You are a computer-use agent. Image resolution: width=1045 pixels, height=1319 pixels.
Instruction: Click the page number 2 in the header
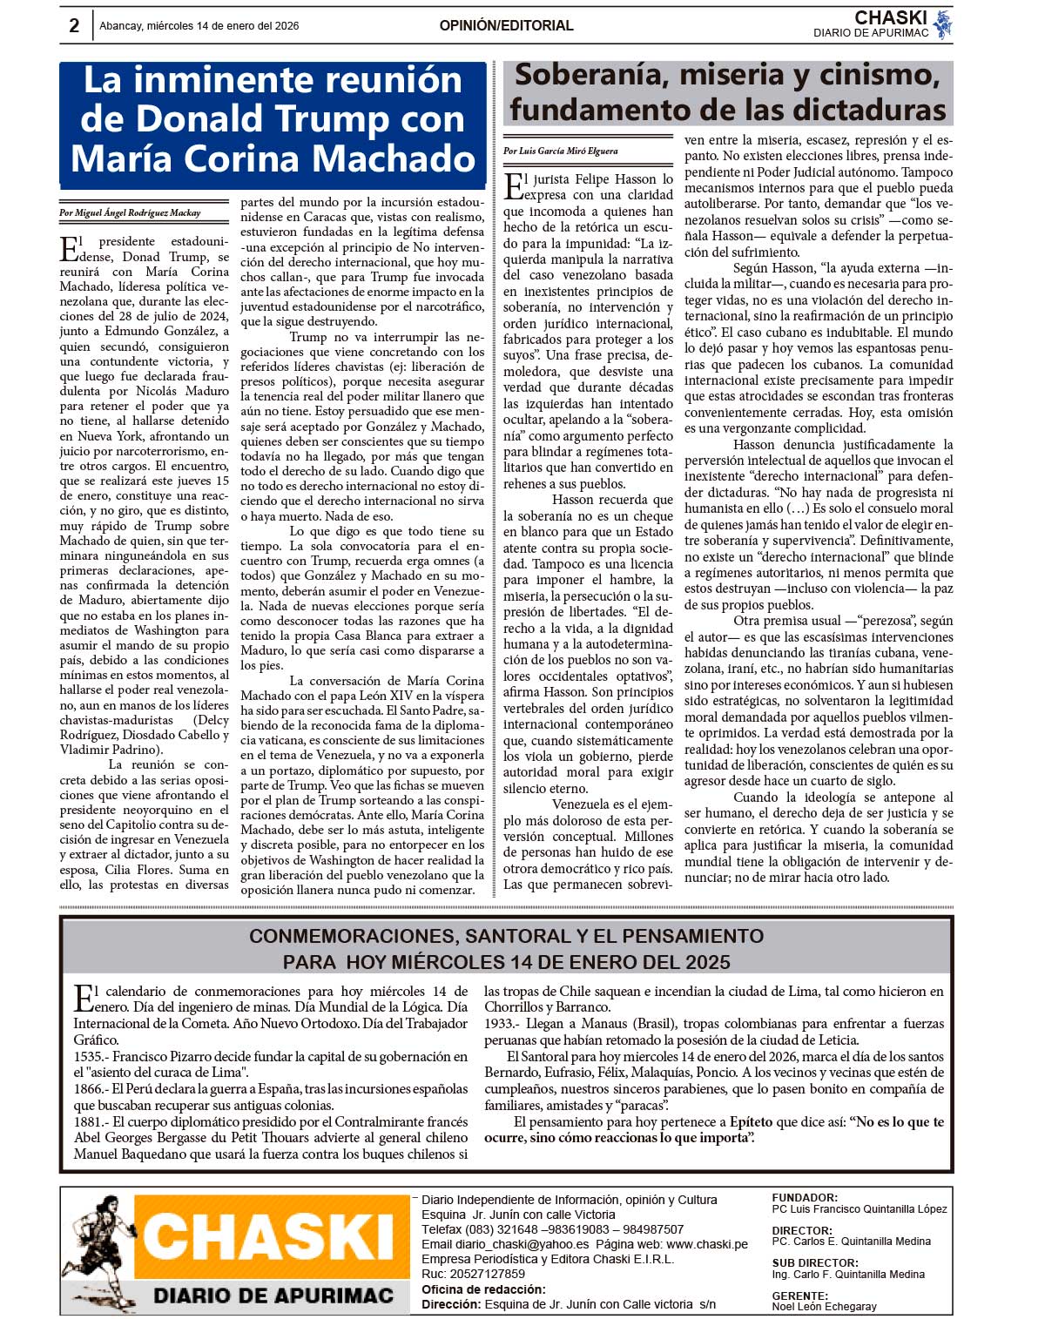click(x=74, y=26)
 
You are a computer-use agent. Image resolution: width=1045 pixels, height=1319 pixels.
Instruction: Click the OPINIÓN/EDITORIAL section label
click(x=506, y=26)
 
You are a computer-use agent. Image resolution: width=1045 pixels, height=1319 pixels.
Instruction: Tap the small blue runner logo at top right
click(x=942, y=25)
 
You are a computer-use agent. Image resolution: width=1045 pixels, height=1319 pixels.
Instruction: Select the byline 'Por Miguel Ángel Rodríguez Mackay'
click(x=130, y=212)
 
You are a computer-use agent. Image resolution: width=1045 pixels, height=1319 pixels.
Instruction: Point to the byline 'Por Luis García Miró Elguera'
click(x=561, y=151)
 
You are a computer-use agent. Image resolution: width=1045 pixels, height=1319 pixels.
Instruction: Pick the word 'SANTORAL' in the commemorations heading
click(x=518, y=937)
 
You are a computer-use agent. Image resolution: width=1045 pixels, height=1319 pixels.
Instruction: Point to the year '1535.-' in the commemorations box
click(x=91, y=1056)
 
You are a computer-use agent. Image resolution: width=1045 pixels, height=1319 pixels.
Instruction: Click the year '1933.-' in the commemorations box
click(x=502, y=1024)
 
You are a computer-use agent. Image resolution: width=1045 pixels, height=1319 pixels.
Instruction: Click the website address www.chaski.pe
click(x=707, y=1244)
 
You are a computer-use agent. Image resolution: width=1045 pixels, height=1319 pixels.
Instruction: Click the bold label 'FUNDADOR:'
click(x=805, y=1198)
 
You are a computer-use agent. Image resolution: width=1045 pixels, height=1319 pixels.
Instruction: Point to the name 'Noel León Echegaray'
click(x=824, y=1306)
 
